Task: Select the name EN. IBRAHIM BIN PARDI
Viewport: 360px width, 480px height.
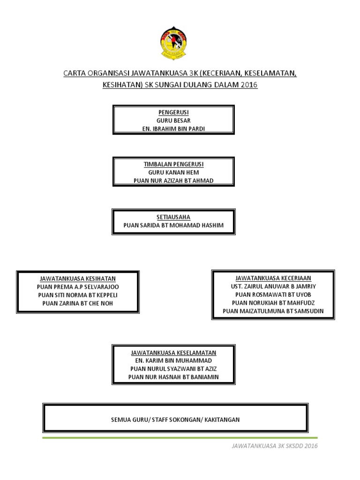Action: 173,128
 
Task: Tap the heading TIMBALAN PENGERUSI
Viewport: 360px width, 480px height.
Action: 173,165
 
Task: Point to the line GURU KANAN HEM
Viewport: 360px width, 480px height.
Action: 173,172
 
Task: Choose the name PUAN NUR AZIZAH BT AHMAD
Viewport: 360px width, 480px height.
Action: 173,180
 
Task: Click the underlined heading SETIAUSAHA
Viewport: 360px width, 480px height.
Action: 173,217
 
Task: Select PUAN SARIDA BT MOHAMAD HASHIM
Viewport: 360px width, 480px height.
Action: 173,225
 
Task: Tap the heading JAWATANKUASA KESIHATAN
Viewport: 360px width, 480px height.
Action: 78,278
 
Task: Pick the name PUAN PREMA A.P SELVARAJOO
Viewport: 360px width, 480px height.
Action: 78,286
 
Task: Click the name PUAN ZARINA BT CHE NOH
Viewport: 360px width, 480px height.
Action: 78,303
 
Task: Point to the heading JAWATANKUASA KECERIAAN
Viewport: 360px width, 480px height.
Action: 273,278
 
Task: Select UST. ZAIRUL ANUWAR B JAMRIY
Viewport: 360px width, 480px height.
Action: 273,286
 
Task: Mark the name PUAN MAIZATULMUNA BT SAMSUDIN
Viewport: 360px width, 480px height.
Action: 273,311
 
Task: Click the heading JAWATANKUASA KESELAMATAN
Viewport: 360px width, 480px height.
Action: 173,352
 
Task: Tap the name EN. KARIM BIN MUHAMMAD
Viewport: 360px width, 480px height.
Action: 173,360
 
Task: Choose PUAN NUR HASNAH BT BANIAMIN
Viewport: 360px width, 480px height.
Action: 173,377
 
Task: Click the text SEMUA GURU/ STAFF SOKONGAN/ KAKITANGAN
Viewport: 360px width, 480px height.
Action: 175,419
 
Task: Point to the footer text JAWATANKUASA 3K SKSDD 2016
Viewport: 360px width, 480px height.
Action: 275,446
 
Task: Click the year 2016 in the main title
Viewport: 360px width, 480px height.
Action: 249,85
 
